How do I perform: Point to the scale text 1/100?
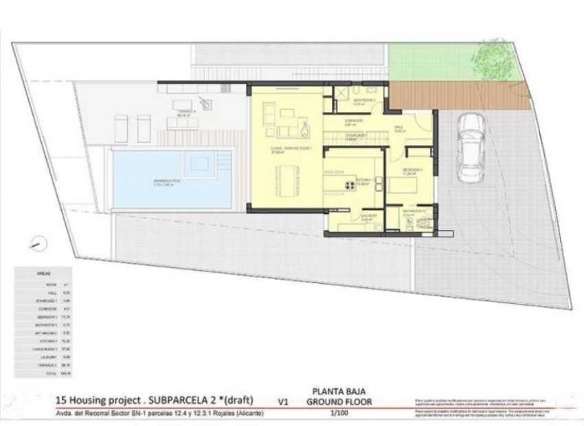point(339,414)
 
